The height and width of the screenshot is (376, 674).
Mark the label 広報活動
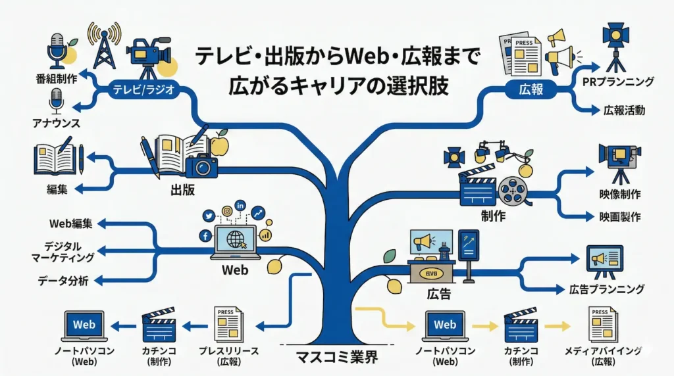click(x=623, y=110)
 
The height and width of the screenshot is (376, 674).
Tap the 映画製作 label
click(x=620, y=216)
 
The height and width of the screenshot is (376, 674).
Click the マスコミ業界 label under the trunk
click(x=338, y=359)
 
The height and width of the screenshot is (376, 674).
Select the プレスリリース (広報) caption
click(x=227, y=356)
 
